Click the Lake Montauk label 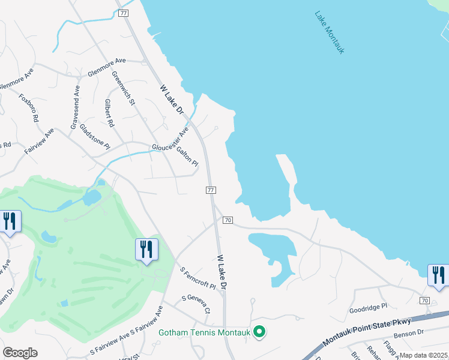point(330,32)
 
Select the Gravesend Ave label point(76,107)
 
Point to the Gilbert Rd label point(109,113)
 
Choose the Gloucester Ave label point(170,140)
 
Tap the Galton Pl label point(187,154)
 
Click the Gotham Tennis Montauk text point(204,332)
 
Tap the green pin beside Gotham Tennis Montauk point(259,332)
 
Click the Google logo point(20,352)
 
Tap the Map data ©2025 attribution point(424,355)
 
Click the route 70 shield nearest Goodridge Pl point(424,300)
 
